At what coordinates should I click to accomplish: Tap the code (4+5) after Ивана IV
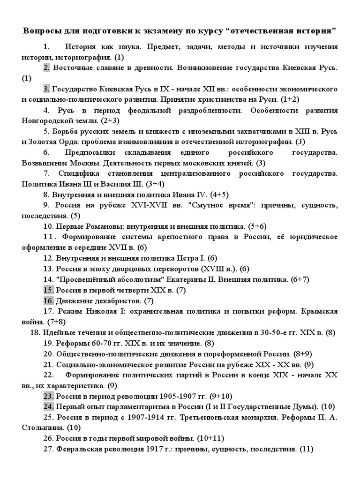click(217, 195)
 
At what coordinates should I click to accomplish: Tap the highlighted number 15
click(48, 290)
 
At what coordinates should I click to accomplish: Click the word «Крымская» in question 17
click(321, 311)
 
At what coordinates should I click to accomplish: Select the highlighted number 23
click(48, 396)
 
